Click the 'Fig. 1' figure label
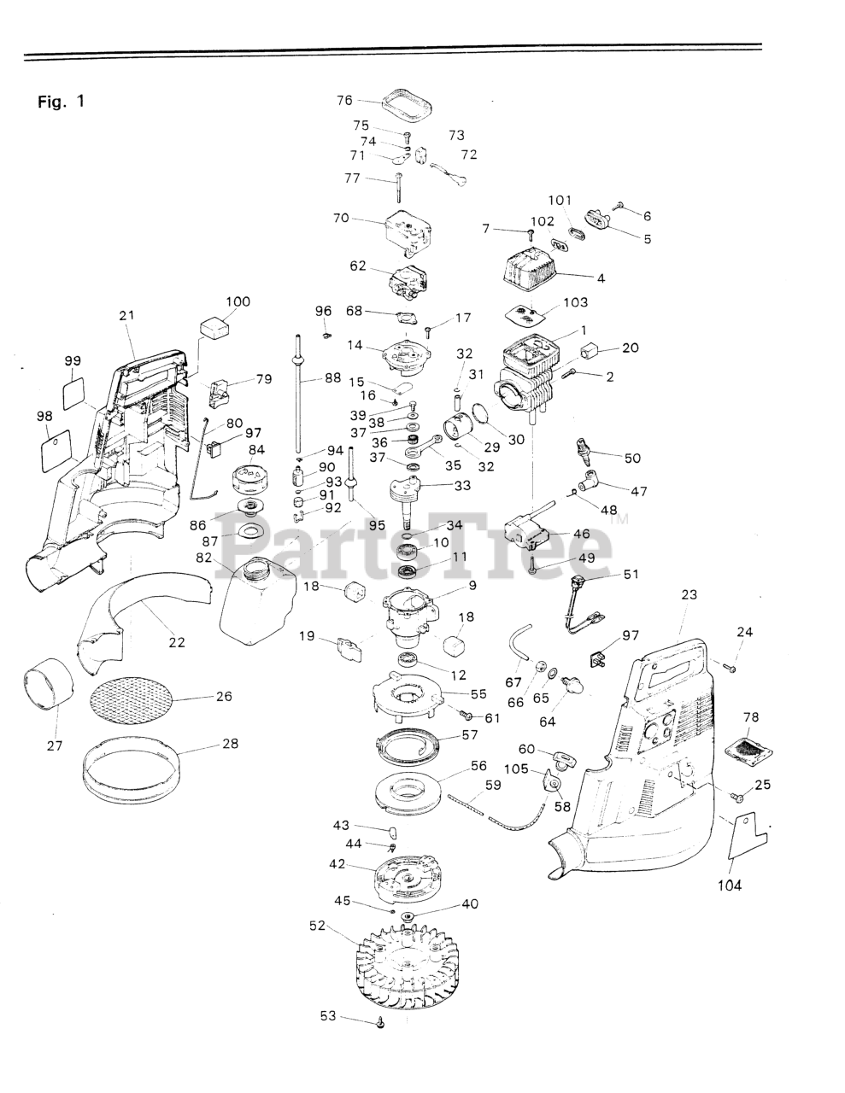point(61,102)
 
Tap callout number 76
point(344,100)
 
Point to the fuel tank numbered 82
point(254,595)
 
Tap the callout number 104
point(729,885)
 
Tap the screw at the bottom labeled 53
point(381,1021)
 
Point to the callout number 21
point(127,315)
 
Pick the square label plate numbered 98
point(56,447)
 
